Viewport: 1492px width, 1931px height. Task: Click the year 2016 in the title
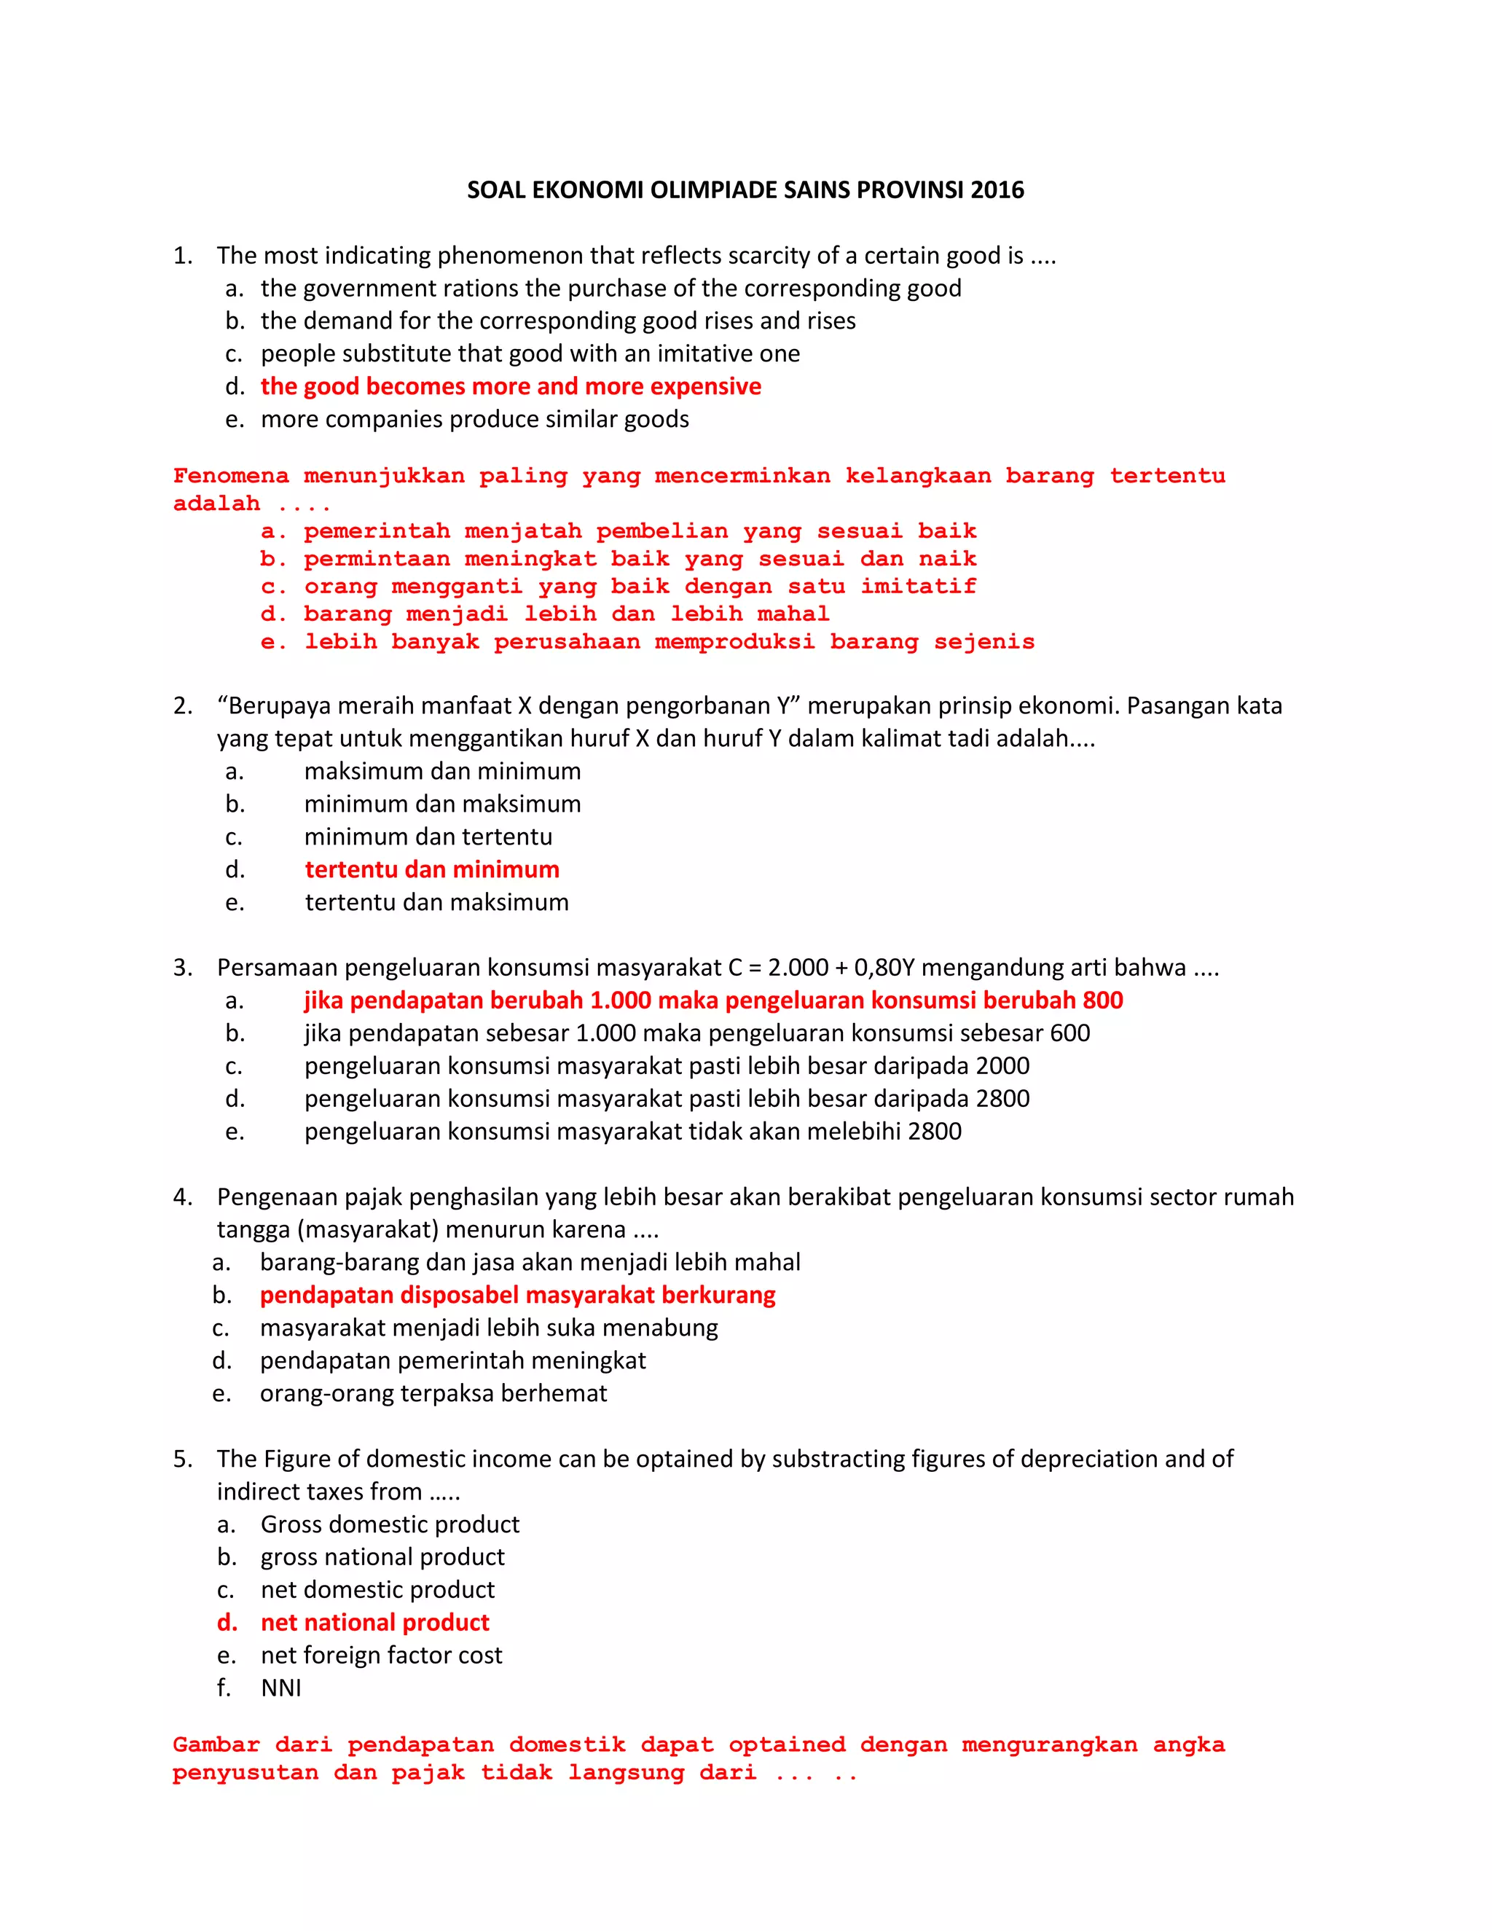coord(997,190)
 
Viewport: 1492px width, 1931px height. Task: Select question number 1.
coord(182,256)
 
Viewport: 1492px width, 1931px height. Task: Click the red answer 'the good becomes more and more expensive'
coord(510,386)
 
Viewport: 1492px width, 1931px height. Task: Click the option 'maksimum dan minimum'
coord(442,771)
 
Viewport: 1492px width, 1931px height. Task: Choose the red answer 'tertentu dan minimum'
coord(431,869)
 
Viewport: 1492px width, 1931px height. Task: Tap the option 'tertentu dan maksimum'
coord(436,902)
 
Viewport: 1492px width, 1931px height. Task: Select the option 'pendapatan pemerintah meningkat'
coord(452,1360)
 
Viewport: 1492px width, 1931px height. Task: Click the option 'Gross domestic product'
coord(390,1524)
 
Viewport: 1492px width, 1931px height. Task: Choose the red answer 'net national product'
coord(374,1623)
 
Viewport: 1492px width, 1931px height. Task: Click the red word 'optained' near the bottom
coord(786,1744)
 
